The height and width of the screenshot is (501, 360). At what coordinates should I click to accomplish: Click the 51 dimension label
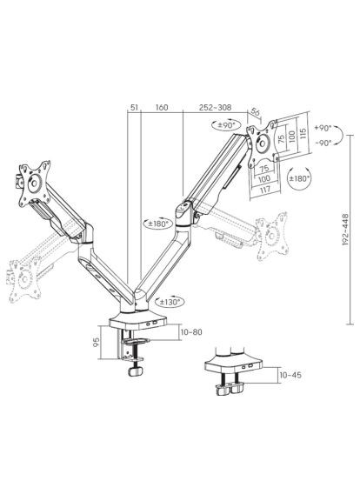coord(134,108)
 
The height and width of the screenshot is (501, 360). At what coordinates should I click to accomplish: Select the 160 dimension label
coord(162,108)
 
